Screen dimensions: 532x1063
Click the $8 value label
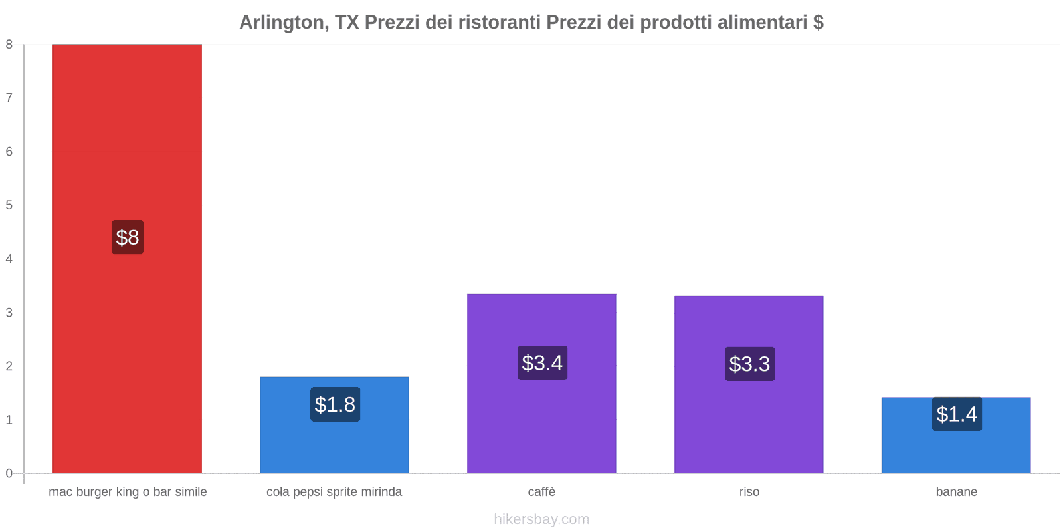tap(127, 237)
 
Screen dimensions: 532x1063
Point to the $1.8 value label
tap(335, 404)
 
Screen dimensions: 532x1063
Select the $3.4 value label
tap(542, 363)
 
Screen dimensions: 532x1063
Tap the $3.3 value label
tap(749, 364)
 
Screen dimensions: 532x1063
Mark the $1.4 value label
tap(957, 414)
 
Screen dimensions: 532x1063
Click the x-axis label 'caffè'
tap(541, 492)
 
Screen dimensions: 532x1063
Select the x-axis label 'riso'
tap(749, 492)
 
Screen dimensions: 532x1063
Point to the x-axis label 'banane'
tap(956, 492)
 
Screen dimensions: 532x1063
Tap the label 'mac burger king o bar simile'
tap(128, 492)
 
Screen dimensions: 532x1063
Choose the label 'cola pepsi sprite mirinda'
tap(334, 492)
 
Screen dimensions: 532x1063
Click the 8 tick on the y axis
tap(9, 45)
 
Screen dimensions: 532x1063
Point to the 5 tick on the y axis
tap(9, 205)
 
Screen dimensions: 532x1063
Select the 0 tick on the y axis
tap(9, 473)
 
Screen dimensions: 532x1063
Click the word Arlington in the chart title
tap(281, 23)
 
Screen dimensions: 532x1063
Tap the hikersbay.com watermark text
tap(541, 519)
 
